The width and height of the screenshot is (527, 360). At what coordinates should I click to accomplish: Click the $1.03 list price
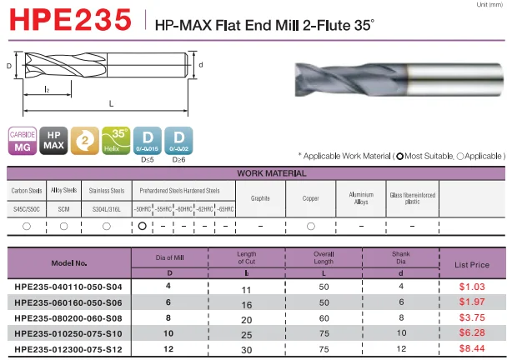(473, 287)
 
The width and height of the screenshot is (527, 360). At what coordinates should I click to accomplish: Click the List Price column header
(473, 264)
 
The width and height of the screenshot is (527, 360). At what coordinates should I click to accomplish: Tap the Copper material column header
(310, 197)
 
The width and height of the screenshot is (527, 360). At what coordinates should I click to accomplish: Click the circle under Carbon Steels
(28, 226)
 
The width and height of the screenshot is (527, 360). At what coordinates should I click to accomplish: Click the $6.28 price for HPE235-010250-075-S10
(473, 332)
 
